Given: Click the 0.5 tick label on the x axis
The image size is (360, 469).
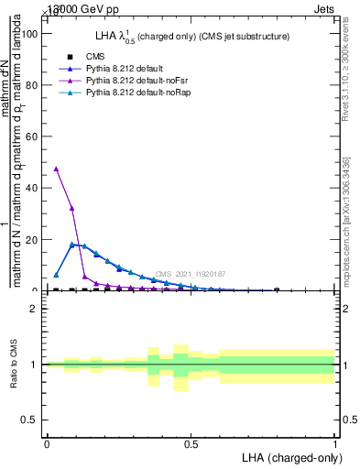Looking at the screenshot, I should point(191,444).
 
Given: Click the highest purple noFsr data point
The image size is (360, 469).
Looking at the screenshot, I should point(57,169).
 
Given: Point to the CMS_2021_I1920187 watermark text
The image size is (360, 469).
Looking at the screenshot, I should point(191,274).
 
